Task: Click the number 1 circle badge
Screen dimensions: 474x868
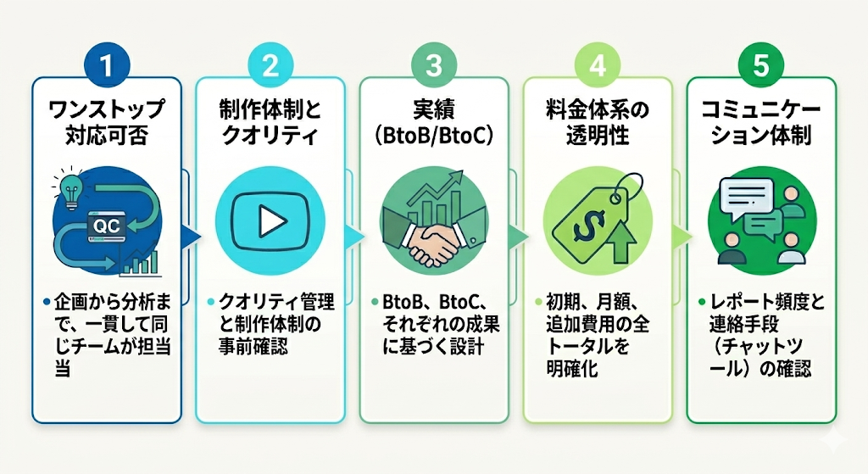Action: pos(106,66)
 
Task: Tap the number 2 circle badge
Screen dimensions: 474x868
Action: pos(270,66)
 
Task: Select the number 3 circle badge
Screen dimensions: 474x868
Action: pos(434,66)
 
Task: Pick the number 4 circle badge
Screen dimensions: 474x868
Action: pos(598,66)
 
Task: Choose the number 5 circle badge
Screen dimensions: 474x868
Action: pos(760,66)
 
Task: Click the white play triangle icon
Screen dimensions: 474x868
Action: pos(271,222)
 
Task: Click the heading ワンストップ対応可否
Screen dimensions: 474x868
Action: pos(106,120)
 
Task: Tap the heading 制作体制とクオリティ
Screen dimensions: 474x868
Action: pos(270,120)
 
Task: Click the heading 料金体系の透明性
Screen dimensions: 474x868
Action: pos(598,120)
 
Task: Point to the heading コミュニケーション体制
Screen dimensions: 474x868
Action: pos(760,120)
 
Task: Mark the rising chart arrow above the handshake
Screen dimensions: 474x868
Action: pos(449,188)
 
